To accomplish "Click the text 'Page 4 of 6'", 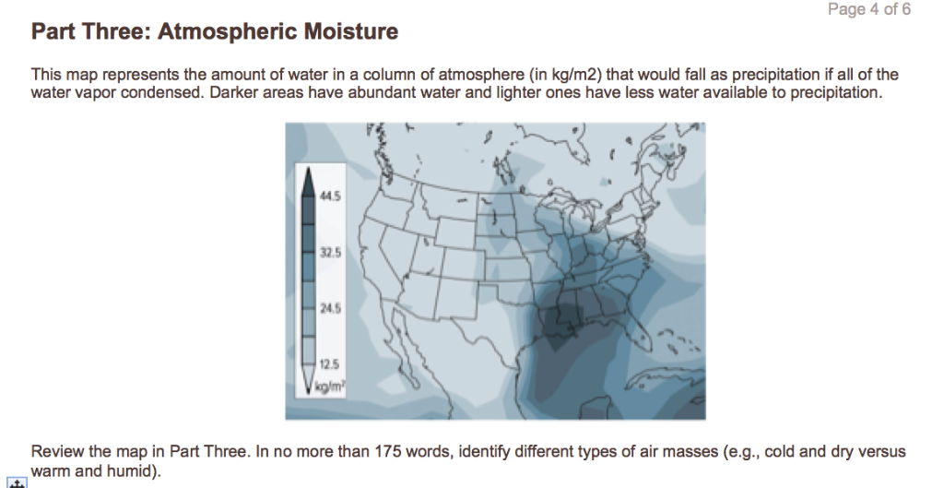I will tap(869, 10).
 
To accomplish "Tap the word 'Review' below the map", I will tap(55, 452).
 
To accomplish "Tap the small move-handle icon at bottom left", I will tap(14, 482).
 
